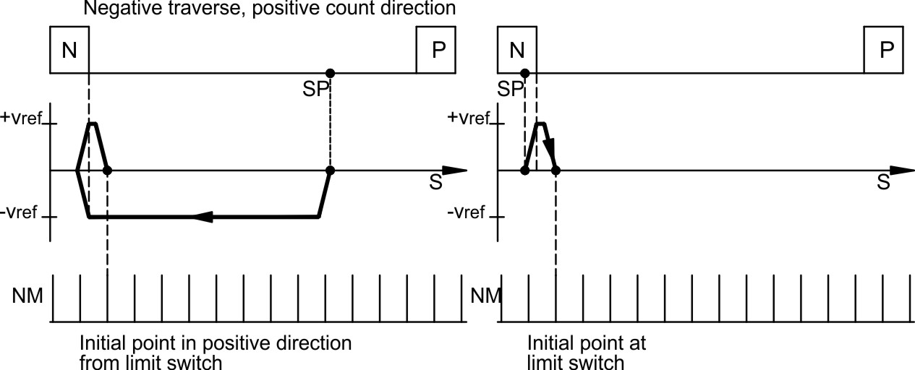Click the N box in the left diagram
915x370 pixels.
click(69, 50)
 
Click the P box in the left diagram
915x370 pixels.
click(436, 50)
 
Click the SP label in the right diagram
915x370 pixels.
click(511, 87)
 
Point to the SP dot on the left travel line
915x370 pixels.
click(330, 73)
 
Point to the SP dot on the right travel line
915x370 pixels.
click(525, 73)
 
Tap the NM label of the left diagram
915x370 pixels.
click(31, 296)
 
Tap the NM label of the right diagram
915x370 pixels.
click(485, 296)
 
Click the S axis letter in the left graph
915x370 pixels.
click(435, 183)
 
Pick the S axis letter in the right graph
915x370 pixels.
click(883, 183)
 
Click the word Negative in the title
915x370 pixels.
click(116, 9)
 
